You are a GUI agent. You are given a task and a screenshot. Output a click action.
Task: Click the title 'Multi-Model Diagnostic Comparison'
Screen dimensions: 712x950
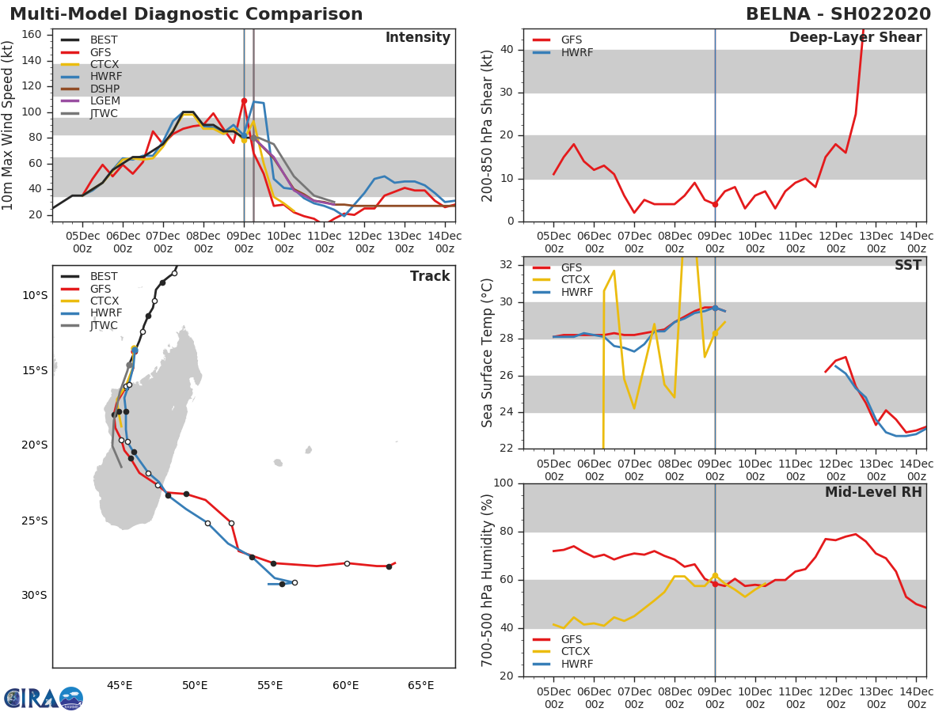[x=186, y=14]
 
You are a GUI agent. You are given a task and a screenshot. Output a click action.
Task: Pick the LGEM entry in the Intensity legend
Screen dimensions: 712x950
[x=104, y=101]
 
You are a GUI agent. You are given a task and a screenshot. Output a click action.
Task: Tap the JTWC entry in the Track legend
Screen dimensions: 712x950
[x=104, y=325]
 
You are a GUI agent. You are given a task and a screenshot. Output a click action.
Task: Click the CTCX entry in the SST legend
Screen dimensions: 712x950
[x=576, y=280]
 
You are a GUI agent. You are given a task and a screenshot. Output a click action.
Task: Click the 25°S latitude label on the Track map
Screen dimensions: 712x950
[x=34, y=521]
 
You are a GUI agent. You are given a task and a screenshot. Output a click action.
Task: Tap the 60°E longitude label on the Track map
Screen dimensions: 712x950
[x=345, y=685]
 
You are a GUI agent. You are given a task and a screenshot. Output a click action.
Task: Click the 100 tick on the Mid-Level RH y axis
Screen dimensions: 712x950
[x=503, y=483]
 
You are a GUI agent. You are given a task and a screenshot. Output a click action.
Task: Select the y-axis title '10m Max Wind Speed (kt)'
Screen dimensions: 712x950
[x=9, y=127]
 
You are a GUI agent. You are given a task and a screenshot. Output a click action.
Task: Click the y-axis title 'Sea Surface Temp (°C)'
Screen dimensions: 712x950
[x=488, y=354]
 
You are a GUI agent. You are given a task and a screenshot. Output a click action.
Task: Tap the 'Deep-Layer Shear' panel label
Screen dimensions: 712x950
[x=855, y=38]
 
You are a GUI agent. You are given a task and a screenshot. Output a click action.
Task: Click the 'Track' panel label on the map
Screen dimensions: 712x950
[x=430, y=276]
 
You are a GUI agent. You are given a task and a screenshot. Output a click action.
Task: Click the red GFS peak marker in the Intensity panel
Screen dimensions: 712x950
[x=244, y=101]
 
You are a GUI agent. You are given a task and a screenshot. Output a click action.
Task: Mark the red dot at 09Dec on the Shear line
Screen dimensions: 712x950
[x=715, y=204]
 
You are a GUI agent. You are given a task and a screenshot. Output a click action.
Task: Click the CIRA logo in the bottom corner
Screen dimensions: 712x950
[x=44, y=698]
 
